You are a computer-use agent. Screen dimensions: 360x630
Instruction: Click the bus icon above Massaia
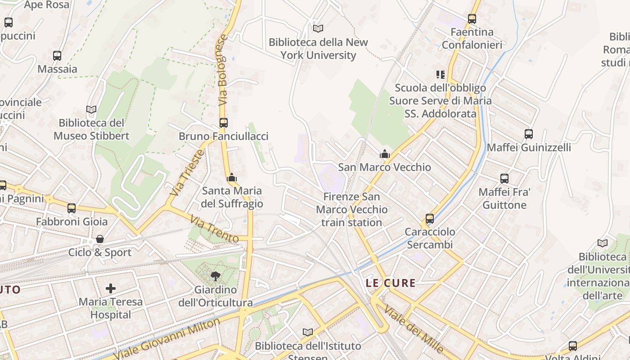(57, 56)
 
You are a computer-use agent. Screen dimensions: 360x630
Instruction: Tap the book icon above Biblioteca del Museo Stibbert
(91, 109)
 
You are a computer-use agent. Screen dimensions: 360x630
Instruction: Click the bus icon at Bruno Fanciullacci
(223, 122)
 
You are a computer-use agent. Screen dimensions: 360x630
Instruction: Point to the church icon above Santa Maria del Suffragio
(232, 178)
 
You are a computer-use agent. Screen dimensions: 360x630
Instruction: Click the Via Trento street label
(214, 229)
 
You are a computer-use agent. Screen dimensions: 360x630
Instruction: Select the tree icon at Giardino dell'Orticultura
(216, 276)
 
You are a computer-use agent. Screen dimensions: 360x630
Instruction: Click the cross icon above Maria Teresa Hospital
(111, 288)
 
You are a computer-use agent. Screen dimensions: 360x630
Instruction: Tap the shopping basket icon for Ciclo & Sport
(100, 239)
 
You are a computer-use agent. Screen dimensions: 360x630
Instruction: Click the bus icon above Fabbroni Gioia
(72, 208)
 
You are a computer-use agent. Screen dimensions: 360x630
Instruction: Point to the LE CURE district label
(391, 283)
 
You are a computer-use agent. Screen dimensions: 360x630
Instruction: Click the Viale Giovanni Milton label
(166, 338)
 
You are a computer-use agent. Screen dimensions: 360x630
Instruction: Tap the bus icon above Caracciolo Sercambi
(430, 219)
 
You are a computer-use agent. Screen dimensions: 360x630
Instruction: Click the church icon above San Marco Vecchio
(384, 154)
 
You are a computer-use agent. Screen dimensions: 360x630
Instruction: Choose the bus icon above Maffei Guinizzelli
(529, 134)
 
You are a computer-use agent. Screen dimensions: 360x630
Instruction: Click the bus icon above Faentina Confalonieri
(472, 19)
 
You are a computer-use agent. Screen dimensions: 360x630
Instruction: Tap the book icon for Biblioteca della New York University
(318, 28)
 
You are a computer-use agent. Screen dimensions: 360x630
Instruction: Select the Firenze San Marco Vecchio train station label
(351, 209)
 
